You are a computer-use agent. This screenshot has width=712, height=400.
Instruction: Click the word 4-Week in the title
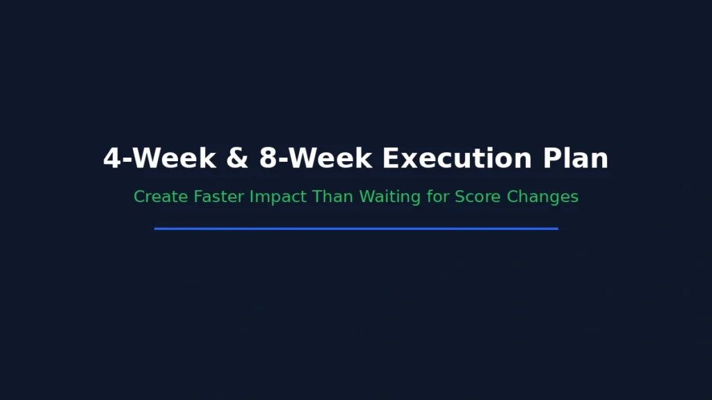coord(159,158)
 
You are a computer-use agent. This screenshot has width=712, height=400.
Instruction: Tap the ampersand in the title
coord(237,158)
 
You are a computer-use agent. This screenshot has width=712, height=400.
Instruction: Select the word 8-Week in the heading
coord(316,158)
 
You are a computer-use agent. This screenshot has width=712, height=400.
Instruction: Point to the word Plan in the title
coord(576,158)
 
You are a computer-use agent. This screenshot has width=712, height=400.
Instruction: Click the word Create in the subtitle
coord(161,197)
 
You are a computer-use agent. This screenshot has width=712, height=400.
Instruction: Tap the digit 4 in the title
coord(112,158)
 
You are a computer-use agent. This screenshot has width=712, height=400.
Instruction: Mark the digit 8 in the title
coord(268,158)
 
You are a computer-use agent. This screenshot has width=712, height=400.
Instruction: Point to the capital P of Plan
coord(551,158)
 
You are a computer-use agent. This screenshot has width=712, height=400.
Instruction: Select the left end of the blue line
coord(156,228)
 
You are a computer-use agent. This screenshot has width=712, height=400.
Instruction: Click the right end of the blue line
coord(556,228)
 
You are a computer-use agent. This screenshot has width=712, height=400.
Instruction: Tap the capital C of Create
coord(140,197)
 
